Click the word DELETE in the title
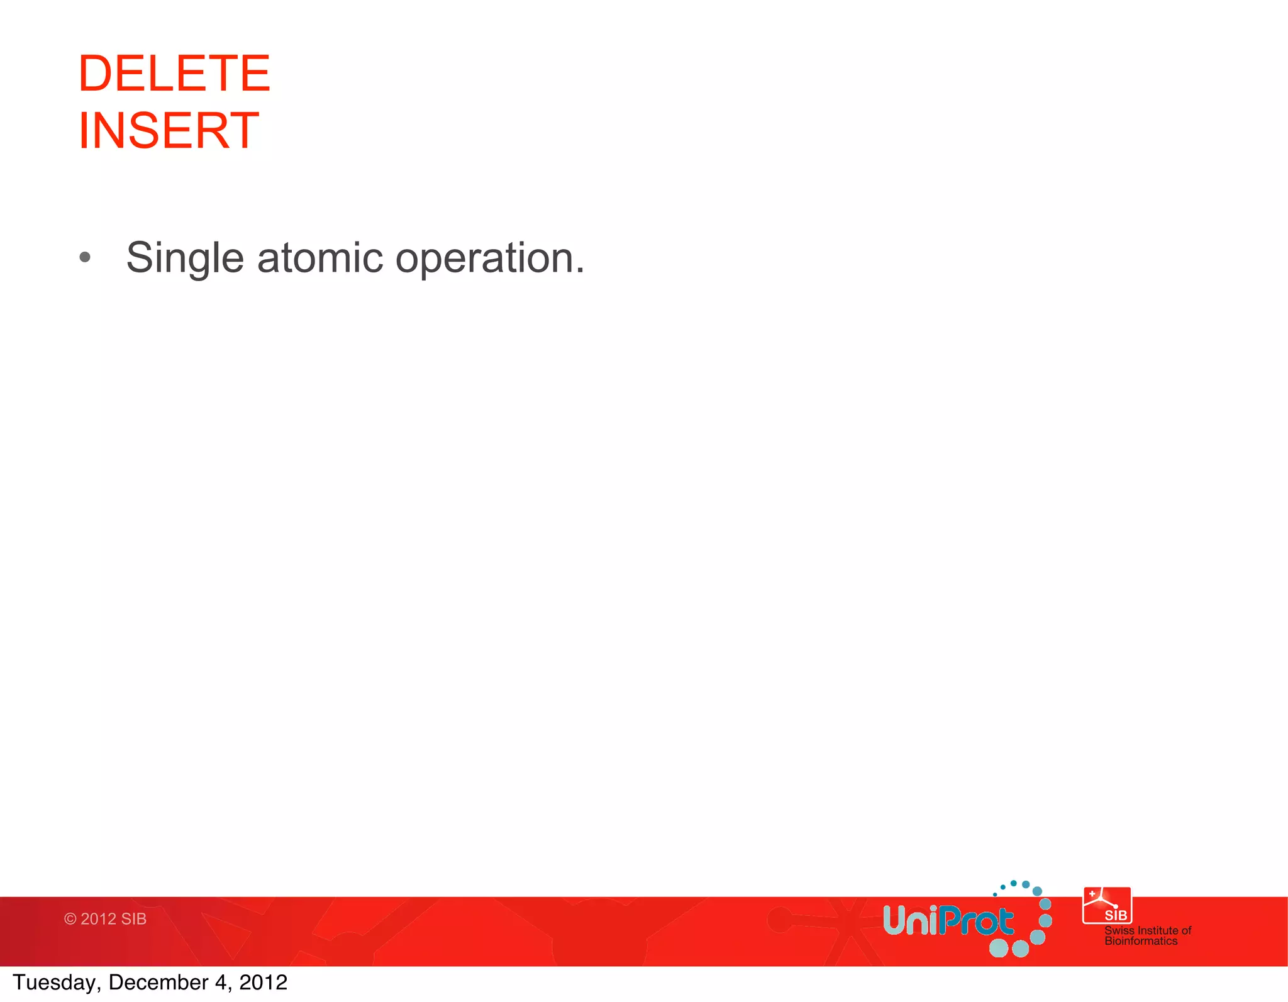click(174, 74)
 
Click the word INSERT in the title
click(168, 131)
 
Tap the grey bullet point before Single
click(85, 257)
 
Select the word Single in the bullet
click(184, 259)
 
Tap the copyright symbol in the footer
click(70, 919)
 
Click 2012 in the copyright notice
click(98, 919)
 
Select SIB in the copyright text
click(133, 919)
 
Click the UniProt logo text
click(948, 921)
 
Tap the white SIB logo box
click(1107, 906)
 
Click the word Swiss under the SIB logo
click(1119, 930)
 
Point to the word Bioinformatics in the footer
click(1141, 941)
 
